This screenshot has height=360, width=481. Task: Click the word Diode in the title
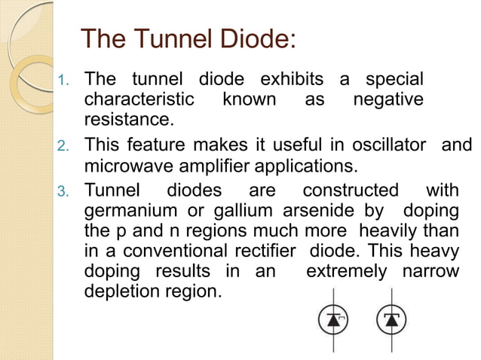coord(251,38)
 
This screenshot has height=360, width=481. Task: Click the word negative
coord(388,99)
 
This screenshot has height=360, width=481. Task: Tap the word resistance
coord(128,119)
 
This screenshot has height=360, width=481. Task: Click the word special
coord(394,79)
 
